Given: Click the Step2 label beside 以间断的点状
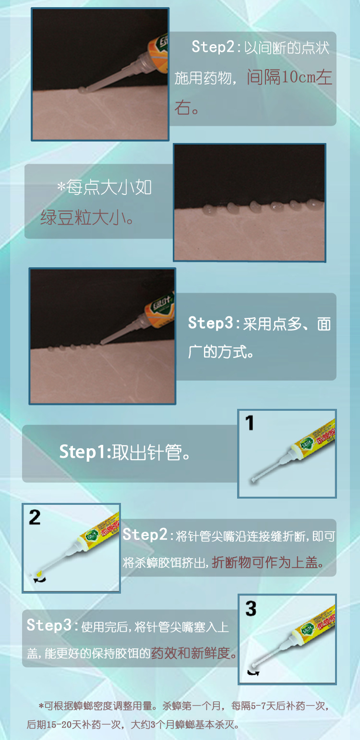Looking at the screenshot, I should pos(213,48).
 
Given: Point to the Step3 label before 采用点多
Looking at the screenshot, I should pos(209,323).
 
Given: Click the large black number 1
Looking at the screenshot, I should pos(250,423).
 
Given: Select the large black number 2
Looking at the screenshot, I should pos(35,517).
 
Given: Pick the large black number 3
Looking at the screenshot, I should pos(251,609).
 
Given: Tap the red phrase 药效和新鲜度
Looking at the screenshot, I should pos(194,653).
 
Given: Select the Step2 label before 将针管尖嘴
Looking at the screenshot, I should pos(145,535).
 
